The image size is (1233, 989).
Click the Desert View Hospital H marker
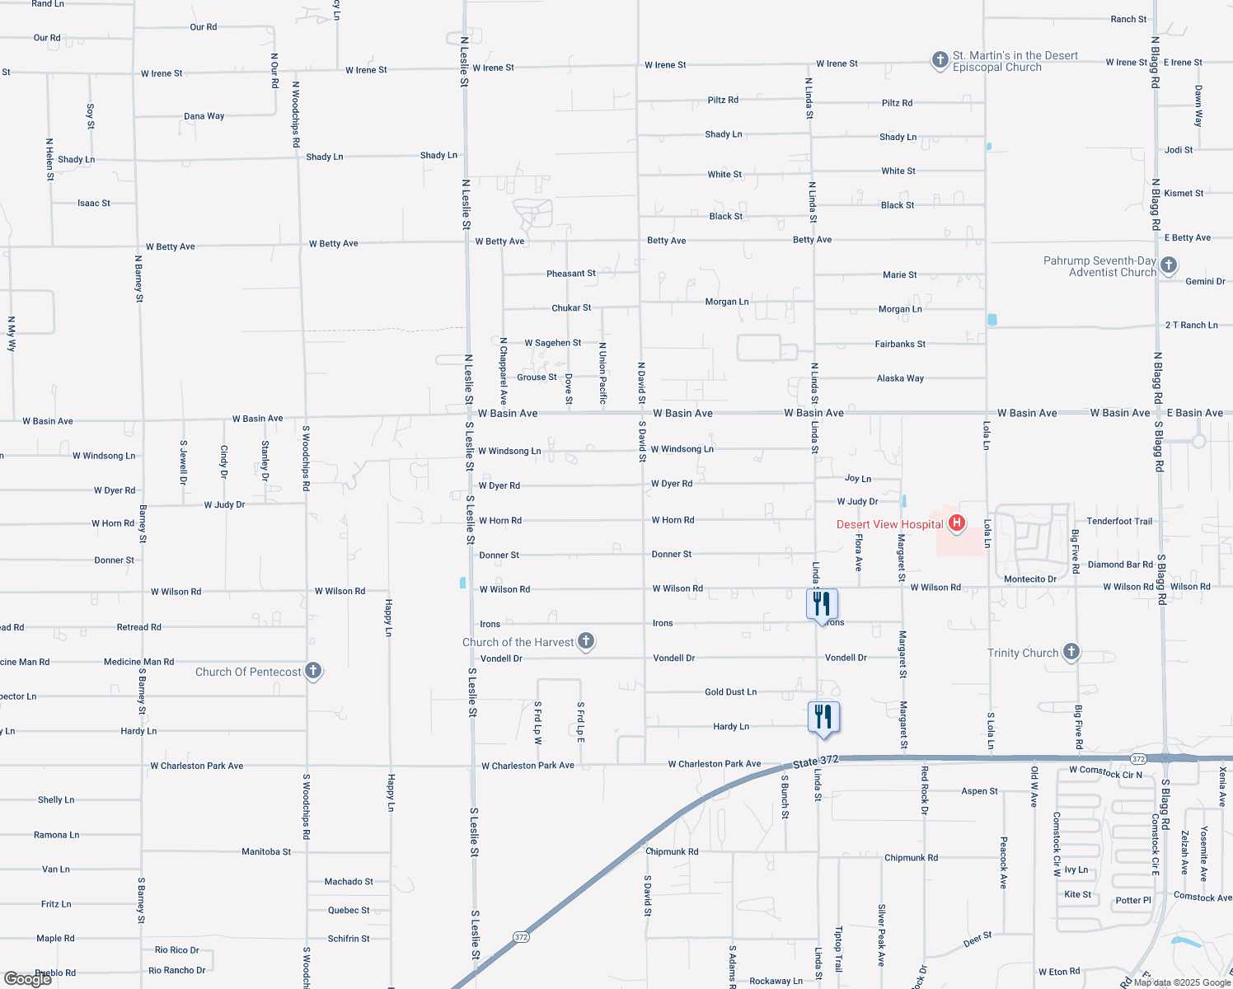[957, 523]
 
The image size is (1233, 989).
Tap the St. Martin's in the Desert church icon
[940, 60]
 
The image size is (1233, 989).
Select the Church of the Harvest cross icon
[586, 640]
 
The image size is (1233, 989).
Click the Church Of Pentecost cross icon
[313, 670]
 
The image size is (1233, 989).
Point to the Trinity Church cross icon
[1071, 651]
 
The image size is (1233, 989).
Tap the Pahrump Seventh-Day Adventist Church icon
[1168, 265]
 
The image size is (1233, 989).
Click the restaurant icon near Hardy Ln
[823, 717]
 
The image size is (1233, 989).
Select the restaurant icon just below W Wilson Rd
[822, 604]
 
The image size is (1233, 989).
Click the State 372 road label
[816, 761]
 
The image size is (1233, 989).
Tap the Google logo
[28, 978]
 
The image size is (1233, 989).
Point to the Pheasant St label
[570, 274]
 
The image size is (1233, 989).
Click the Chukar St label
[571, 308]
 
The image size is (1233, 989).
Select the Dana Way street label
[204, 116]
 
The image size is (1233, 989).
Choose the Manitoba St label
[266, 851]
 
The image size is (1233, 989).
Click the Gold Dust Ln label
[730, 692]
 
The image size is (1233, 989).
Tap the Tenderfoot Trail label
[1119, 521]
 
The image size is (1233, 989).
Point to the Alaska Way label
[900, 378]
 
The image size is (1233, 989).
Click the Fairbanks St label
[900, 344]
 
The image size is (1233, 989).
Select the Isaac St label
[94, 203]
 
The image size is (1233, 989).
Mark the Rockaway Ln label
[776, 981]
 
